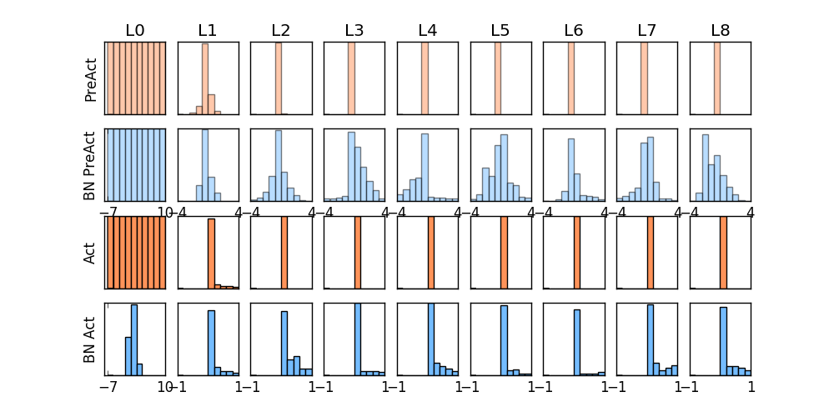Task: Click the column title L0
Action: pyautogui.click(x=135, y=31)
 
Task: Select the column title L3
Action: pyautogui.click(x=354, y=31)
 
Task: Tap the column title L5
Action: pyautogui.click(x=500, y=31)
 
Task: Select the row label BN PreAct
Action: pyautogui.click(x=91, y=165)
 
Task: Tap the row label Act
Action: pyautogui.click(x=91, y=253)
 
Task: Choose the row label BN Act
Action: pyautogui.click(x=91, y=339)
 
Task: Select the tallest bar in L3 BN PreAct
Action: pyautogui.click(x=351, y=167)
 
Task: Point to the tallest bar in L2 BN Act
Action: pyautogui.click(x=284, y=343)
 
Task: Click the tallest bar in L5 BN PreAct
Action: pyautogui.click(x=504, y=168)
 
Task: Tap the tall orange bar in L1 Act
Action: pyautogui.click(x=211, y=254)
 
